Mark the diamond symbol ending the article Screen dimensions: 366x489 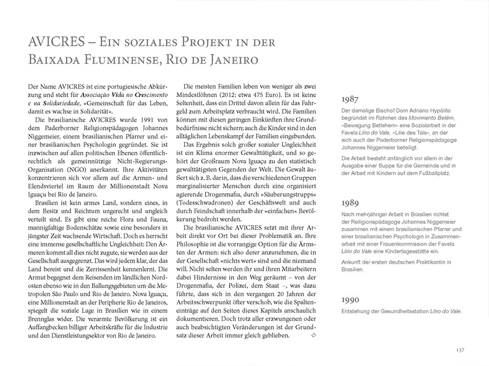(x=313, y=336)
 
